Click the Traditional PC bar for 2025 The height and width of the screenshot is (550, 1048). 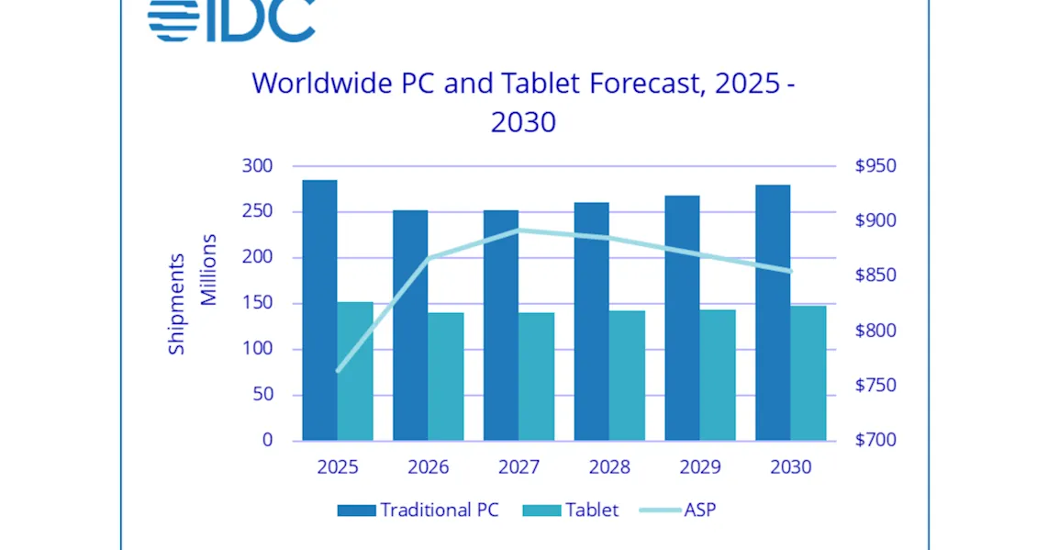[x=319, y=310]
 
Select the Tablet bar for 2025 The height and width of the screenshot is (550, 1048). [x=354, y=371]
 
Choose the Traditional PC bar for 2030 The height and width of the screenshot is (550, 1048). [x=773, y=312]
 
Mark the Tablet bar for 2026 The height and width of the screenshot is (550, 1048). [x=445, y=376]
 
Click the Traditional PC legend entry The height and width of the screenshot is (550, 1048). [x=418, y=510]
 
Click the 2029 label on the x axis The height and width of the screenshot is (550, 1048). [x=699, y=466]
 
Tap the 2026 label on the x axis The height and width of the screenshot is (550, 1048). [x=429, y=466]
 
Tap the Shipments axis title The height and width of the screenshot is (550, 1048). [x=176, y=303]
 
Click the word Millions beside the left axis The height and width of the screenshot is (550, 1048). [x=209, y=270]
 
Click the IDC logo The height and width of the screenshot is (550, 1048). [x=231, y=20]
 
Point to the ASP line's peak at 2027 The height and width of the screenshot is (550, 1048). [x=519, y=230]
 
